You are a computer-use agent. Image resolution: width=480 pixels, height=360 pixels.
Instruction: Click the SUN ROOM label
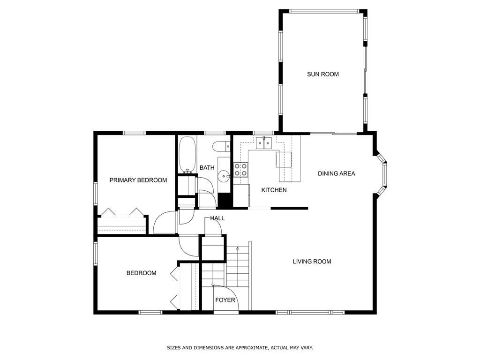[x=322, y=74]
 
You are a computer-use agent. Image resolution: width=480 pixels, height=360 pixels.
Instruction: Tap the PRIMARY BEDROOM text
[x=138, y=180]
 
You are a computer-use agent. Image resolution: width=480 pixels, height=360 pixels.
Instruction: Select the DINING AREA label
[x=336, y=173]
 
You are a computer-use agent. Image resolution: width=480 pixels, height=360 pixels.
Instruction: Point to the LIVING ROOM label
[x=312, y=262]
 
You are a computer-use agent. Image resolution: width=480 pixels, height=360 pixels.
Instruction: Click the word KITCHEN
[x=274, y=190]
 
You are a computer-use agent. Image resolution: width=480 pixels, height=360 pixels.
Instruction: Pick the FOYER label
[x=225, y=300]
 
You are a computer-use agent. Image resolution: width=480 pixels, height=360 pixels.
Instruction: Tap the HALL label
[x=217, y=218]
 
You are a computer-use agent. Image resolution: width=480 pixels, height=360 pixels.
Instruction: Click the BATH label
[x=207, y=167]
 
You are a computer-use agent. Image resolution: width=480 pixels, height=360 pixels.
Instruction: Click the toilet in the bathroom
[x=221, y=147]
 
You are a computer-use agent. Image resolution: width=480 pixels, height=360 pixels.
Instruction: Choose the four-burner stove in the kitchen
[x=241, y=170]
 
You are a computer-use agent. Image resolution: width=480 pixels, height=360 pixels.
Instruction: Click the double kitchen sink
[x=264, y=142]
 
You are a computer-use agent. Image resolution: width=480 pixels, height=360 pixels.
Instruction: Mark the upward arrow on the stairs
[x=238, y=249]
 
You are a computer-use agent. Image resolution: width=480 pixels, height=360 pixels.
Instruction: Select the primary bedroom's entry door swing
[x=164, y=223]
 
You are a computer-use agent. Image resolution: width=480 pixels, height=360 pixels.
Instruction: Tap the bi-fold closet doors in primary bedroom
[x=122, y=212]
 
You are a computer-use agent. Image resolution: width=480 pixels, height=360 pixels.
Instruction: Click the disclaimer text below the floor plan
[x=240, y=348]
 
